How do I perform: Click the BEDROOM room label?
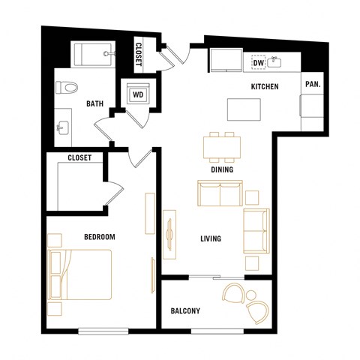coord(99,237)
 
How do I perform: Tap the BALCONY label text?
coord(184,310)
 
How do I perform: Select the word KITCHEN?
coord(264,87)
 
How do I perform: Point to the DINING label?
coord(222,169)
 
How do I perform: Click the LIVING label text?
coord(210,239)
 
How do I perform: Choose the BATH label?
coord(94,104)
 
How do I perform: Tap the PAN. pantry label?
coord(312,85)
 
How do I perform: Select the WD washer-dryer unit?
coord(138,95)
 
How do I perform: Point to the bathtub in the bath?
coord(93,55)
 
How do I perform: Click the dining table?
coord(223,146)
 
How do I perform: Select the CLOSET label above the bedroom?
coord(79,158)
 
